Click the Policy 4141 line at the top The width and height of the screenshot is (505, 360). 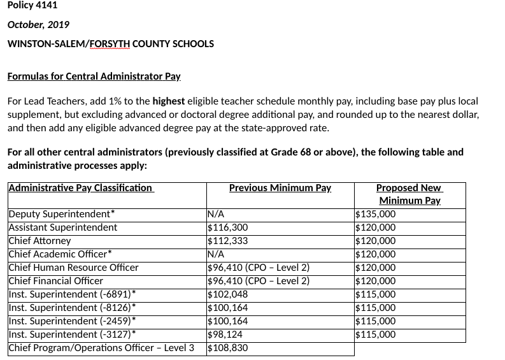coord(32,5)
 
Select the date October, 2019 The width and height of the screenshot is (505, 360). coord(38,24)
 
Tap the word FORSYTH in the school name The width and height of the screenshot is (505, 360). coord(110,44)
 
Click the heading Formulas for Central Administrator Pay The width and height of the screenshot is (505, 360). coord(94,76)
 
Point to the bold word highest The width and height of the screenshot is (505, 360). coord(169,101)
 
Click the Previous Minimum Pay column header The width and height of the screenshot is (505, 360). coord(280,188)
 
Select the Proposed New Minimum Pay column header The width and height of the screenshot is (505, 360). coord(409,194)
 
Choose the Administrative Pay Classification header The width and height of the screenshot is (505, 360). coord(81,188)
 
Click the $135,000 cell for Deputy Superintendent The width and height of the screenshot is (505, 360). coord(375,214)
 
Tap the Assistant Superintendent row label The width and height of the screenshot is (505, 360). coord(63,227)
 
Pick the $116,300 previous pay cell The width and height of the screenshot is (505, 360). coord(228,227)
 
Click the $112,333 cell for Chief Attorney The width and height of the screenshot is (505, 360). coord(228,241)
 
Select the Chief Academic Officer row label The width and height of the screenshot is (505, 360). coord(60,254)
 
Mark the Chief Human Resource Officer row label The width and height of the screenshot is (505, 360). coord(73,268)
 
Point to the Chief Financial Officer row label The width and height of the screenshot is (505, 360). coord(56,281)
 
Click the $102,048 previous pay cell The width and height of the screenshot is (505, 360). coord(228,294)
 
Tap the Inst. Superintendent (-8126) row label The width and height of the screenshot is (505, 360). coord(72,308)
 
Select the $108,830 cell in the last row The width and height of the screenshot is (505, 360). coord(228,348)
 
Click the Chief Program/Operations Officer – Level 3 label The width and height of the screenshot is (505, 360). coord(101,348)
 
